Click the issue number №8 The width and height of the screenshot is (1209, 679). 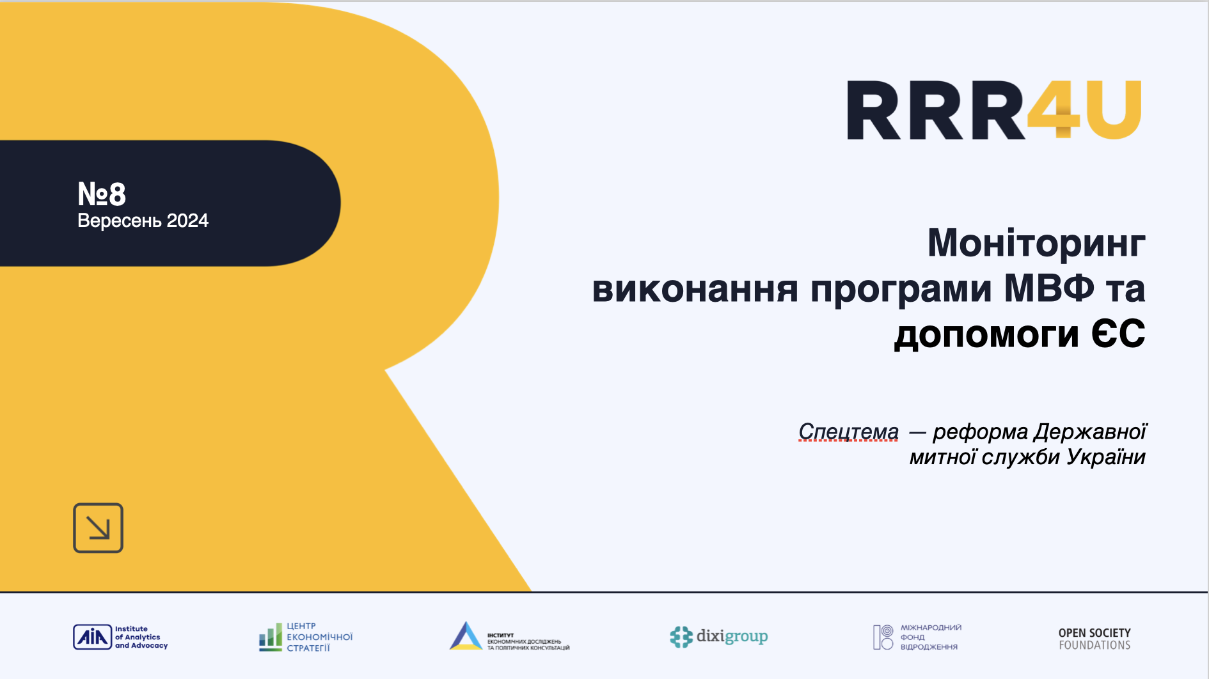point(102,194)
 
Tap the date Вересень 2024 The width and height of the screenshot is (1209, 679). point(143,221)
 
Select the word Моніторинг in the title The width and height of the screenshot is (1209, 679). point(1036,244)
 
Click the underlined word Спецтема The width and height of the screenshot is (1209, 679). point(848,432)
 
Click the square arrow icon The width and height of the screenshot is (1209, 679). point(98,528)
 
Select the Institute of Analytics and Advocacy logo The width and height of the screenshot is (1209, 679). point(120,637)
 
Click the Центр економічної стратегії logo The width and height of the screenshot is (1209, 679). point(306,637)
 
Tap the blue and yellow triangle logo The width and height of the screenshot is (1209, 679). point(466,636)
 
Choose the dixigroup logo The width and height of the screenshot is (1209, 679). point(718,637)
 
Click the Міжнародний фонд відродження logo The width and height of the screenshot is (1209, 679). point(917,637)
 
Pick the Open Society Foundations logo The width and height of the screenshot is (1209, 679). point(1094,639)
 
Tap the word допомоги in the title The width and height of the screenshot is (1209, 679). point(986,334)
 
